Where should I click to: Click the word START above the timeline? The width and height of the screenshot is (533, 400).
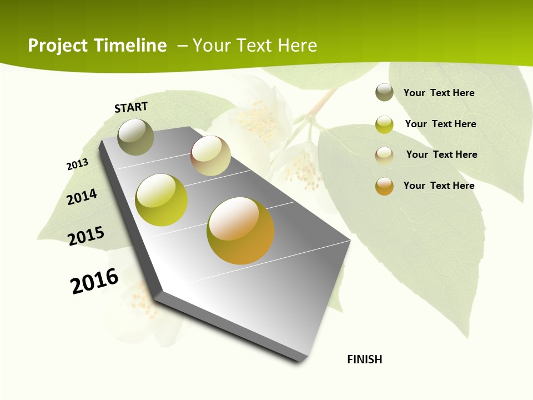(x=131, y=107)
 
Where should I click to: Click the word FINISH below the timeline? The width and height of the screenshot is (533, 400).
(x=365, y=359)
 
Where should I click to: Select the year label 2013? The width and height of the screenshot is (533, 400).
(x=77, y=164)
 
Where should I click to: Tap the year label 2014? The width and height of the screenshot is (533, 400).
(x=82, y=197)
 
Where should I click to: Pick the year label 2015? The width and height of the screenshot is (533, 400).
(x=86, y=236)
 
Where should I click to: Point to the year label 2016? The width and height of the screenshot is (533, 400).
(x=94, y=281)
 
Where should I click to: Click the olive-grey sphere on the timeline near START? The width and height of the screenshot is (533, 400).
(x=135, y=137)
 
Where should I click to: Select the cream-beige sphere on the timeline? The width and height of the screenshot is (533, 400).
(x=210, y=156)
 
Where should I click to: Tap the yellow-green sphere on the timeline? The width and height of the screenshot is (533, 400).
(x=161, y=200)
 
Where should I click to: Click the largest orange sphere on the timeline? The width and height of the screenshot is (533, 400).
(x=240, y=231)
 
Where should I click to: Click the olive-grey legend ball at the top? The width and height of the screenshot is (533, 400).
(x=384, y=92)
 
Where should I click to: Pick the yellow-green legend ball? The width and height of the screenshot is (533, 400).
(x=384, y=124)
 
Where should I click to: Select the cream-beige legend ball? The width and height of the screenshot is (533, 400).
(x=384, y=155)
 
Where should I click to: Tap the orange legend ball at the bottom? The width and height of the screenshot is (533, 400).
(x=384, y=186)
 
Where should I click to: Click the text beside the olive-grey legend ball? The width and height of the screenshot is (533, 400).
(x=439, y=93)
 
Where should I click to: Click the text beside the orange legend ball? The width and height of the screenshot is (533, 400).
(x=439, y=186)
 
